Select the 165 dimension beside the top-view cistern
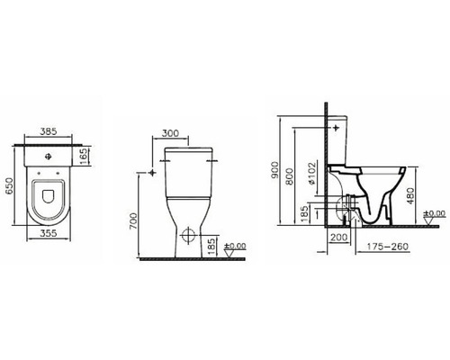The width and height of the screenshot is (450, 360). click(x=84, y=159)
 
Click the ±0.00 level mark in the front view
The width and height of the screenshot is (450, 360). click(x=235, y=245)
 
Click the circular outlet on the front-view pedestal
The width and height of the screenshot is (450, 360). click(x=187, y=238)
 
